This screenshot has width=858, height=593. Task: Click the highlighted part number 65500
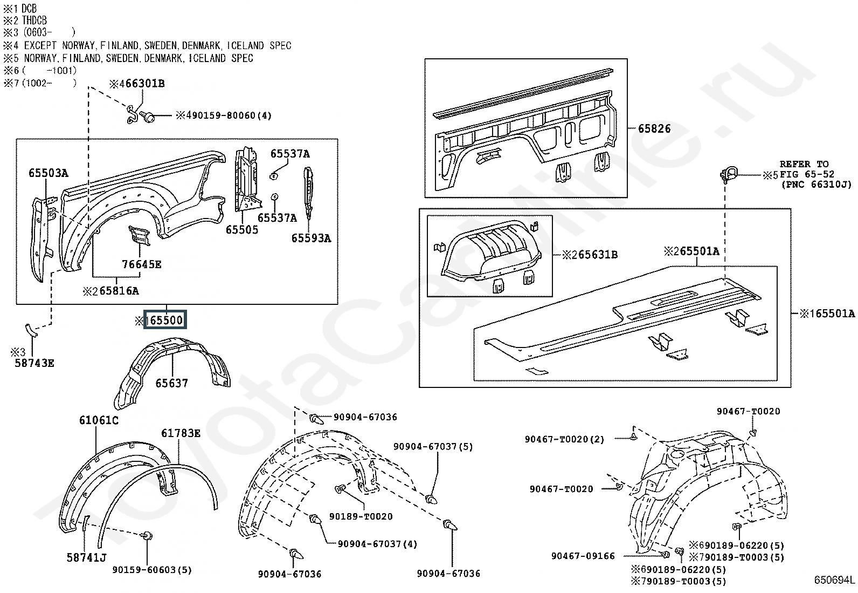165,320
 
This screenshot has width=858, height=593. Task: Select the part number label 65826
654,128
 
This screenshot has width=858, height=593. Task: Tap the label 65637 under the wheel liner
171,383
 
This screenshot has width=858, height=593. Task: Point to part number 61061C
99,420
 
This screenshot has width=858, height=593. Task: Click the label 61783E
181,433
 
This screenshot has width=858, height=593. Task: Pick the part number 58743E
34,363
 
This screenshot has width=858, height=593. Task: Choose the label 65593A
311,238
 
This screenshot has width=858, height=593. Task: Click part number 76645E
141,264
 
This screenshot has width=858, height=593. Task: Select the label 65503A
49,173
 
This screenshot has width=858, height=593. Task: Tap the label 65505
242,230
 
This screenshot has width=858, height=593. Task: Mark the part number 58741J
86,557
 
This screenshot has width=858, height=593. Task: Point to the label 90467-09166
583,556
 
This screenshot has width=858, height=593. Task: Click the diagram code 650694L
834,581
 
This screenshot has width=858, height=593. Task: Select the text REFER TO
804,164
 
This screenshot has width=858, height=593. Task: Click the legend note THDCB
34,21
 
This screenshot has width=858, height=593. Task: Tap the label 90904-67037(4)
377,544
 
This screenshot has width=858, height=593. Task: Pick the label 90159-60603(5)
152,570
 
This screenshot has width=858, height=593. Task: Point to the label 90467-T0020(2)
564,439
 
